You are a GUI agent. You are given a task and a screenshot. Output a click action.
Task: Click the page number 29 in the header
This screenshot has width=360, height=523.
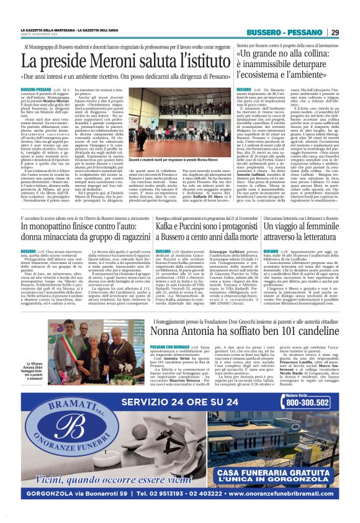pos(335,32)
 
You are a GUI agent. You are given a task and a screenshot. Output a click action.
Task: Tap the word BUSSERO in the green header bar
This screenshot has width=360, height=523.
pos(263,32)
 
